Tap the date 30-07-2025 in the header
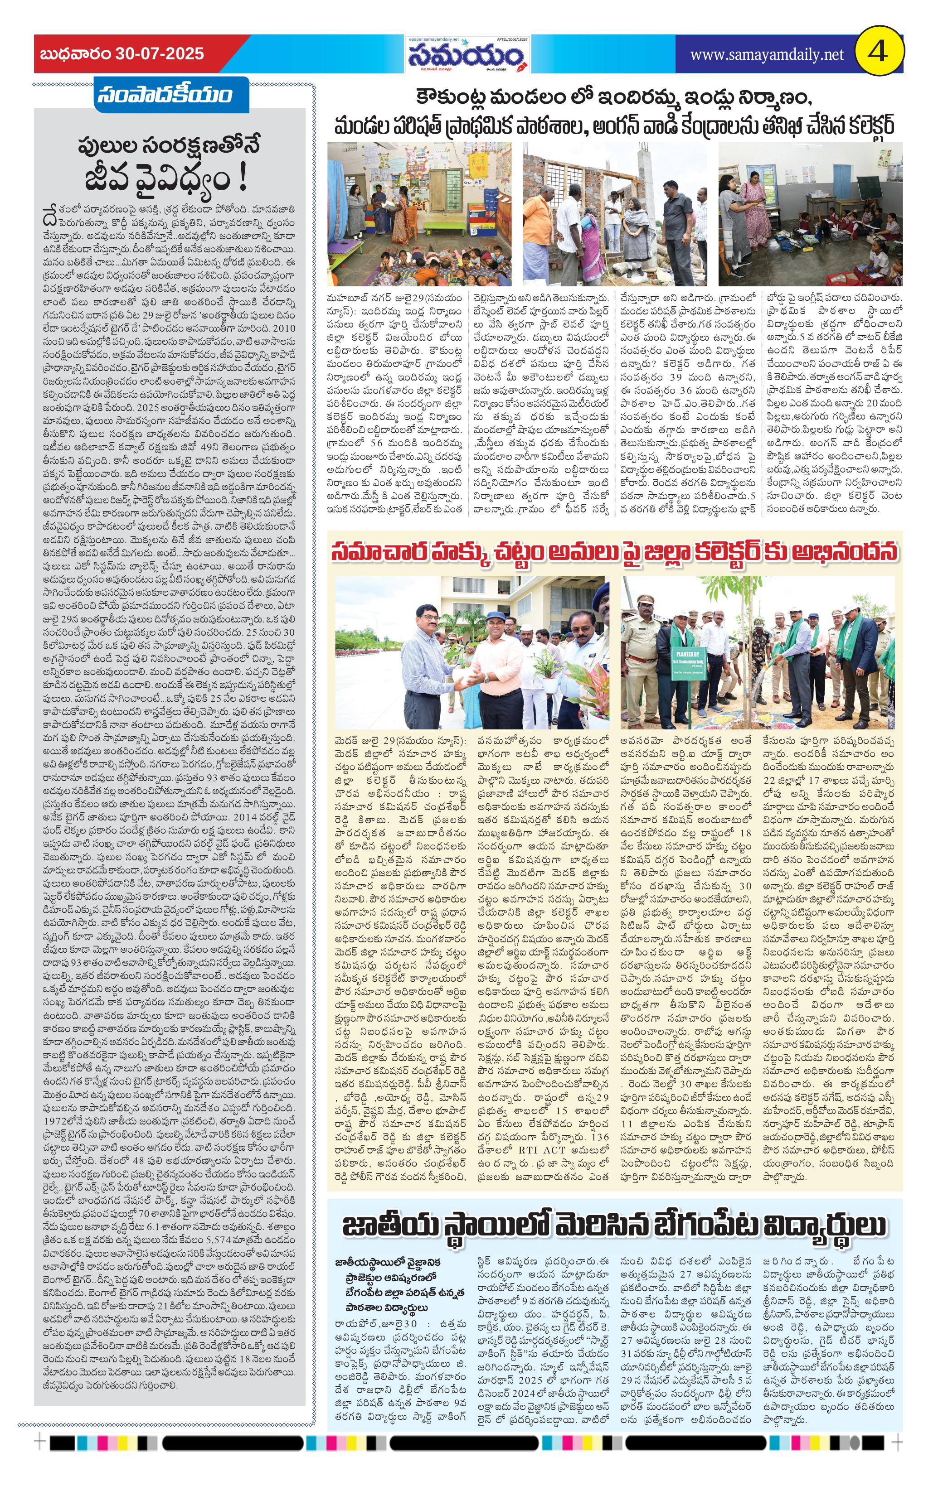(159, 54)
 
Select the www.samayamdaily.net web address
(766, 55)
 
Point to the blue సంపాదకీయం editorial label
(164, 95)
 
